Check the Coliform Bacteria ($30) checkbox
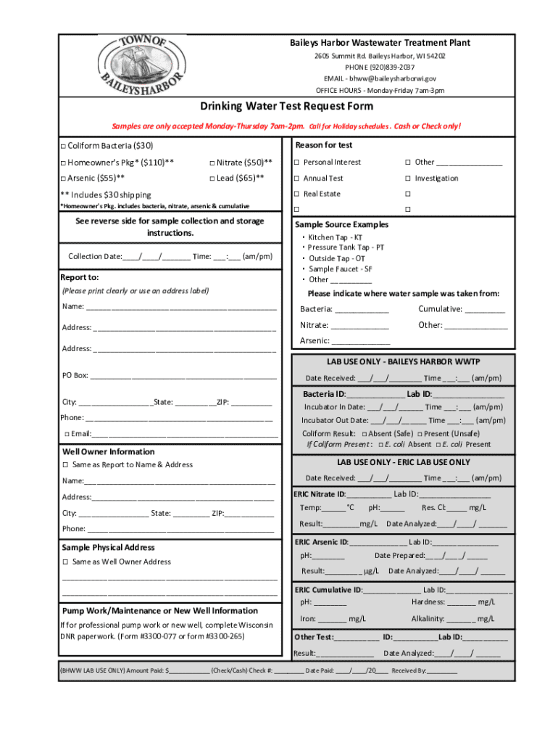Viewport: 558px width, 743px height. [63, 146]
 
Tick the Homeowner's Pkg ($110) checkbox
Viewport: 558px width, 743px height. [63, 162]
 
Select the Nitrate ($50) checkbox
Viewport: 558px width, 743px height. [212, 162]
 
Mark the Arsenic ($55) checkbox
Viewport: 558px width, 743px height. [63, 178]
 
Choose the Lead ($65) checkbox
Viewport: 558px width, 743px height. [212, 178]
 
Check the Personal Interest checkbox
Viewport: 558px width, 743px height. [296, 163]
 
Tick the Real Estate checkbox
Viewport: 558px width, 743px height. [296, 194]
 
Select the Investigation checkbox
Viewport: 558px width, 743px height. [408, 178]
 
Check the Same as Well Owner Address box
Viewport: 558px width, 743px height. [65, 562]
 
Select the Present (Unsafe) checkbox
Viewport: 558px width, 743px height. [420, 434]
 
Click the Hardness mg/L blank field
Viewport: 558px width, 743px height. [462, 602]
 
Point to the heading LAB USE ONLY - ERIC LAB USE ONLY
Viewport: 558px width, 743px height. [403, 462]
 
